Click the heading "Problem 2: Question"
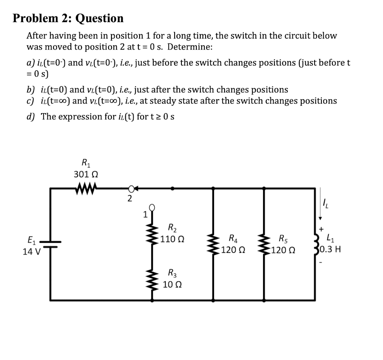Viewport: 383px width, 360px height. point(68,18)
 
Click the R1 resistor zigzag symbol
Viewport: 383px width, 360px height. point(87,188)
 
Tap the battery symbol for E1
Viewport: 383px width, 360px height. point(50,244)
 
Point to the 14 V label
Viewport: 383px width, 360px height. point(31,252)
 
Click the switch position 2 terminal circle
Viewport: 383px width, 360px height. point(131,188)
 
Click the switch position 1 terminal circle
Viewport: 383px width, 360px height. point(152,208)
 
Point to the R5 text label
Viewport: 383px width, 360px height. point(283,238)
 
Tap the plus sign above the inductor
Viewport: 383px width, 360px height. point(321,229)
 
